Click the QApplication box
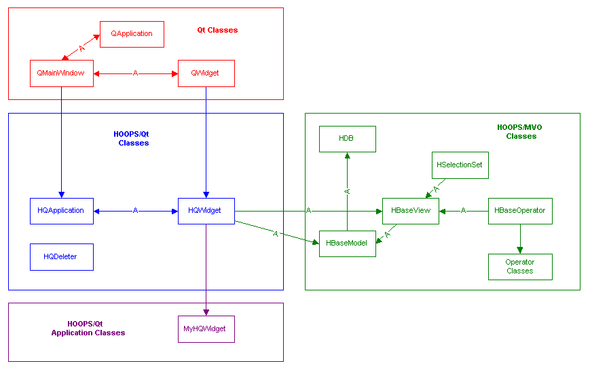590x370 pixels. coord(132,34)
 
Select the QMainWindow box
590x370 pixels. coord(61,73)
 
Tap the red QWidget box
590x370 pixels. coord(206,73)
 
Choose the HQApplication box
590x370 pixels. coord(61,211)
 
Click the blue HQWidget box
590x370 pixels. coord(206,211)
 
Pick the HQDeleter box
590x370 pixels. coord(61,256)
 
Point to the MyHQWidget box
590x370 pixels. coord(206,329)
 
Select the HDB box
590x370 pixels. coord(347,139)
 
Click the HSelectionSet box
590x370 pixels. coord(460,165)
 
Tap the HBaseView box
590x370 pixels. coord(411,211)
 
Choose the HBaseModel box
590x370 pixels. coord(347,243)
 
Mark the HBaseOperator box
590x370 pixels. coord(520,211)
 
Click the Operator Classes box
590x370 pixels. coord(520,267)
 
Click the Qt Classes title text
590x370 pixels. coord(217,30)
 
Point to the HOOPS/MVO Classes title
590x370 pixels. coord(521,132)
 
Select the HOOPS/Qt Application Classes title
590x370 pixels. coord(88,329)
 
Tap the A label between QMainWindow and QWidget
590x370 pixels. coord(135,73)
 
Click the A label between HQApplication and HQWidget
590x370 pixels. coord(135,211)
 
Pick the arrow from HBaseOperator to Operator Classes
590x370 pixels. coord(520,239)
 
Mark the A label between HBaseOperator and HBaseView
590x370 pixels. coord(464,211)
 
